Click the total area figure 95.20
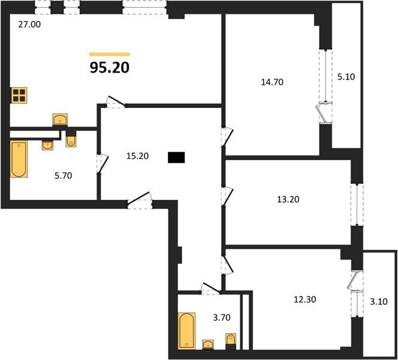coord(110,68)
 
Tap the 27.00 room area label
coord(29,25)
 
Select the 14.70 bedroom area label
coord(272,82)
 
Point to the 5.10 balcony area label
coord(346,76)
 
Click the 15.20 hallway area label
coord(137,156)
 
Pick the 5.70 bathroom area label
coord(63,175)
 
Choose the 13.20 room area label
coord(288,199)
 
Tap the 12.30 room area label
coord(305,299)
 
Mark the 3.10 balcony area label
coord(379,302)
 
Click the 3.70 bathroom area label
coord(222,317)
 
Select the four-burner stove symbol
coord(19,95)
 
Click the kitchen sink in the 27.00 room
coord(60,119)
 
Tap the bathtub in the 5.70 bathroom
coord(19,159)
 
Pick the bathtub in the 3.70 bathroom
coord(187,331)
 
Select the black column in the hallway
coord(176,158)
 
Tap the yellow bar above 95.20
coord(110,54)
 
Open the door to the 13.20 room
coord(227,196)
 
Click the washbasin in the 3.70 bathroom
coord(208,344)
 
